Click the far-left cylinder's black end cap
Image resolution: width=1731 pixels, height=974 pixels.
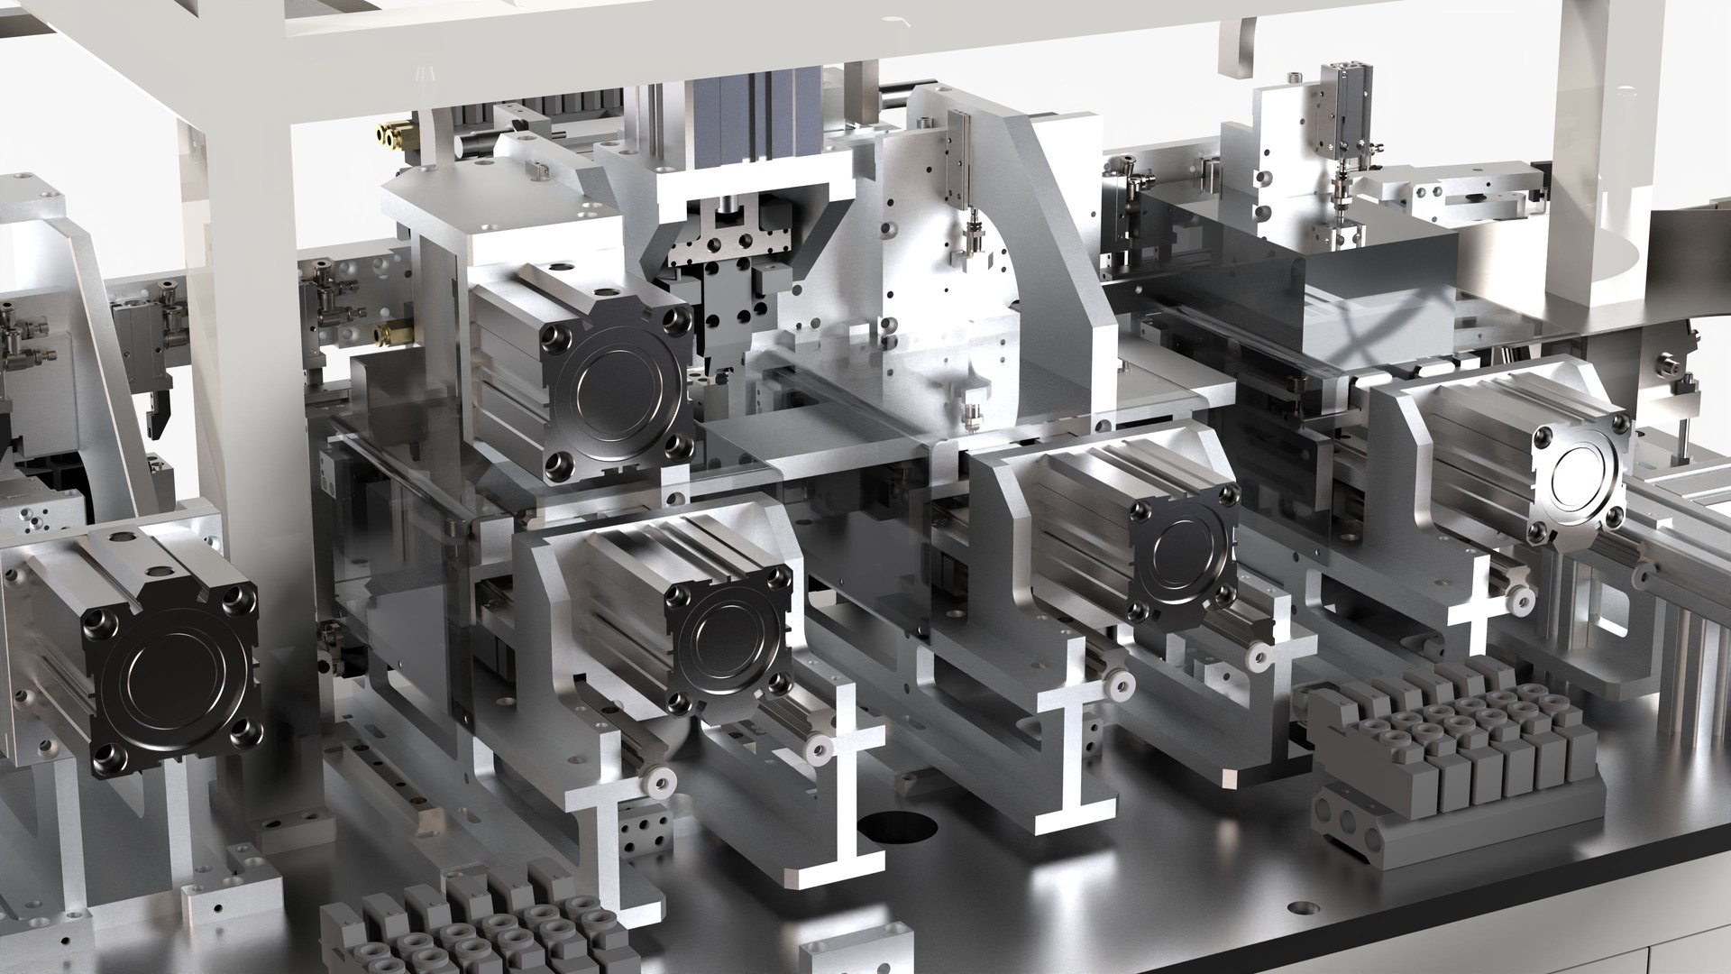coord(171,690)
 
